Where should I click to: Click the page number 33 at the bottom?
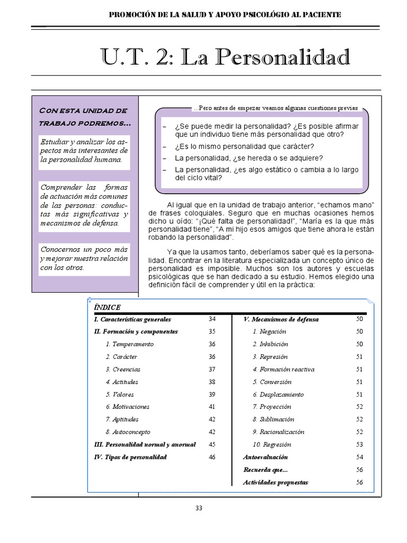coord(199,507)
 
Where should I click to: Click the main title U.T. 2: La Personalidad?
coord(225,57)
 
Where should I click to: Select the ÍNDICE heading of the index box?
coord(107,308)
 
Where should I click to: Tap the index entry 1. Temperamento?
coord(129,344)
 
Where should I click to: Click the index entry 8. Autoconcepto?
coord(128,432)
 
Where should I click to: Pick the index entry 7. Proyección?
coord(272,407)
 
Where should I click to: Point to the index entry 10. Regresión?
coord(272,444)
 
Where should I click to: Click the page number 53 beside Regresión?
coord(359,444)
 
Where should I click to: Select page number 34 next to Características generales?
coord(212,319)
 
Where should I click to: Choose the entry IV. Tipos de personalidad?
coord(130,457)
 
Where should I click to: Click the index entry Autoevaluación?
coord(266,457)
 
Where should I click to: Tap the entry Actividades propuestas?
coord(276,483)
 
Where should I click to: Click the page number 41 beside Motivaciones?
coord(212,407)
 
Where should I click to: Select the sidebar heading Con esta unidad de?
coord(83,110)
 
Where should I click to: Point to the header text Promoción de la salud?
coord(225,15)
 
